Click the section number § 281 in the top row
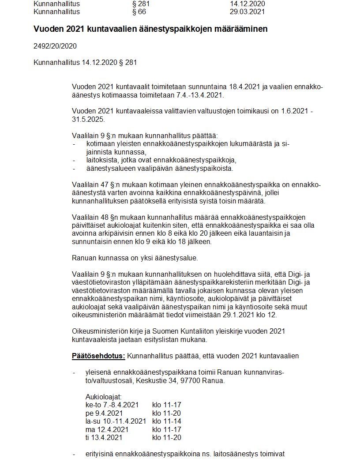(141, 4)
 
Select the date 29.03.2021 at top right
(247, 11)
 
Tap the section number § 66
(139, 11)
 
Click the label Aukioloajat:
(103, 397)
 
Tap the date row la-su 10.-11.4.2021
(116, 421)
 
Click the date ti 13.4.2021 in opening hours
(104, 437)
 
